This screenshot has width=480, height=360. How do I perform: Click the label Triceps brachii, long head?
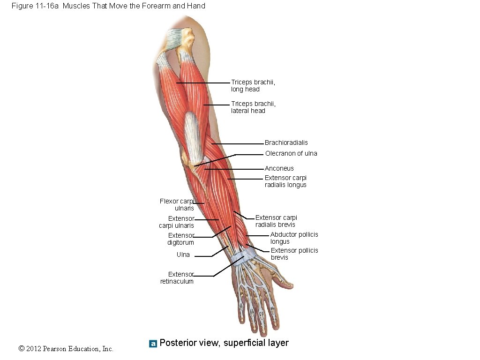253,86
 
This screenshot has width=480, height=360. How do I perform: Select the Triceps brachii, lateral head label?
253,107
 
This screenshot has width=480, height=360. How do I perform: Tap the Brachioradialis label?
286,143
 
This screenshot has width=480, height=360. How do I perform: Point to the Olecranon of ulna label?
291,154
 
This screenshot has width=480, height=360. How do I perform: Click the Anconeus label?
279,169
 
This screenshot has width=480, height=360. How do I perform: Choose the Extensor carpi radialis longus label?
285,181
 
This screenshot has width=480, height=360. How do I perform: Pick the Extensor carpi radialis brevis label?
276,221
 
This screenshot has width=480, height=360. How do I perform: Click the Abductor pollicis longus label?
294,238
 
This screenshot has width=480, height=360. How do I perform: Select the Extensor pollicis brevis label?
294,254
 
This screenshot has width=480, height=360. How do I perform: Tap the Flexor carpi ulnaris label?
177,205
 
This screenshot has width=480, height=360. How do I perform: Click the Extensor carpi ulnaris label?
177,222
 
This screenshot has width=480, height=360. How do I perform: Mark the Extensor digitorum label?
181,239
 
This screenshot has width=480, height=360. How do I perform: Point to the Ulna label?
183,255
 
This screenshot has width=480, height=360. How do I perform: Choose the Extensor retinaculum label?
177,278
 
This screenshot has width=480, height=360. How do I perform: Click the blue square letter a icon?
153,344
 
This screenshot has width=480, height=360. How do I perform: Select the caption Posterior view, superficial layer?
224,343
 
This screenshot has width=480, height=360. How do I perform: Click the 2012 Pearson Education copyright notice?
66,349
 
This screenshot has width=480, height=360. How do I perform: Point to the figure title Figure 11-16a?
108,6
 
